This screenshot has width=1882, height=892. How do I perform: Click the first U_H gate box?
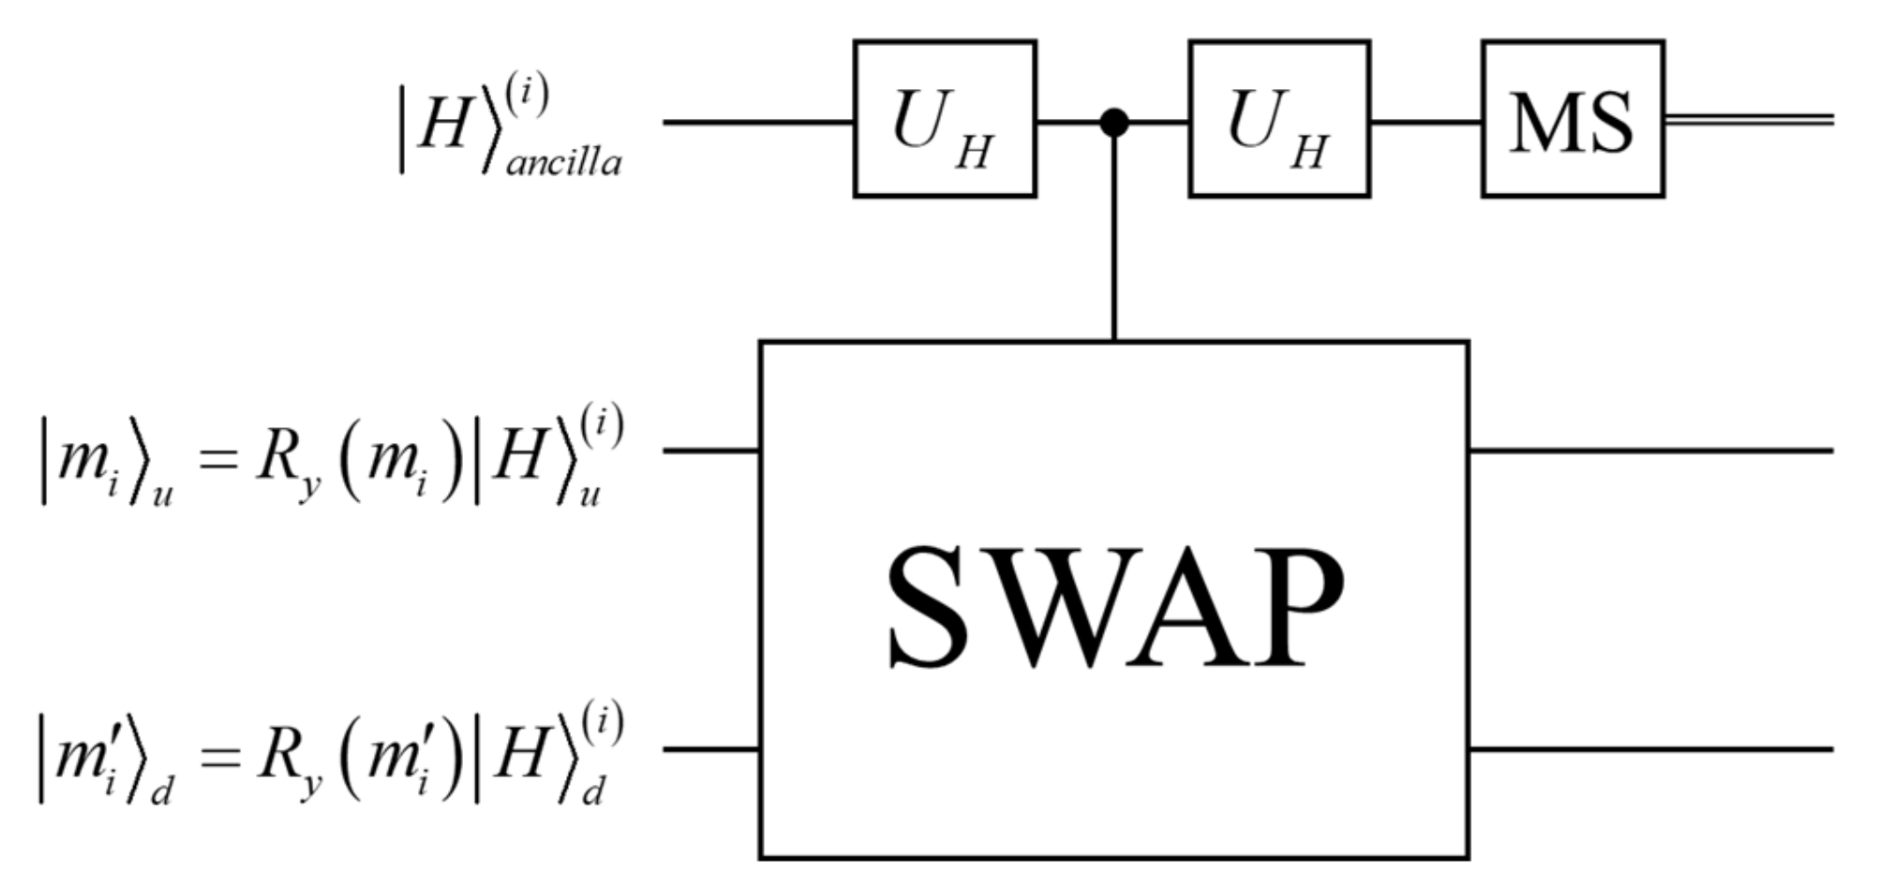945,119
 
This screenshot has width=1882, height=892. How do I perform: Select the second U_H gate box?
1279,119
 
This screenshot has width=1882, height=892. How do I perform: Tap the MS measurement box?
1573,119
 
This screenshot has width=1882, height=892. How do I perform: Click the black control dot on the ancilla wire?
1113,122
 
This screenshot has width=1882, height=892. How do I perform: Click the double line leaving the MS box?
1748,120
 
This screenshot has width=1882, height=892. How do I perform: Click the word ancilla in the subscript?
563,164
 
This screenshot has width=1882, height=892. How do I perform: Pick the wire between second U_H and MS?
1426,122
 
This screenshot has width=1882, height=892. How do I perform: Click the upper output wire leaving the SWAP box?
1650,451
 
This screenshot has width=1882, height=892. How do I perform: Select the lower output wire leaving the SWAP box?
1650,750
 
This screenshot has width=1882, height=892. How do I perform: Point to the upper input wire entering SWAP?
710,451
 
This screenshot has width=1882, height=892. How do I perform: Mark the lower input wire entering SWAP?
710,750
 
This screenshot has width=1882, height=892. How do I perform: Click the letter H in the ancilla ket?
443,125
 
